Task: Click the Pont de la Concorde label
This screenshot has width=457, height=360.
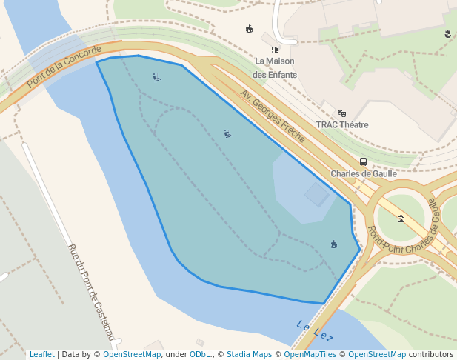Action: pos(64,67)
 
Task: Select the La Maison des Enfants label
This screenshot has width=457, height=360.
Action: pos(275,67)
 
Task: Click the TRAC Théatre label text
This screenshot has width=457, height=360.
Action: pos(342,125)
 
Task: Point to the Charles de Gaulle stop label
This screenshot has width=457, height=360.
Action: pos(364,174)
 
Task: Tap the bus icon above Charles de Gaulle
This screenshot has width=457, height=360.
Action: pos(363,161)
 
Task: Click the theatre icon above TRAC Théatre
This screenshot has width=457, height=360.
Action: pos(341,113)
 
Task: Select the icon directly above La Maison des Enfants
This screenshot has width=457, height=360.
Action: pos(275,50)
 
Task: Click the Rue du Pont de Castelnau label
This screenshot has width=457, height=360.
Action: pos(93,292)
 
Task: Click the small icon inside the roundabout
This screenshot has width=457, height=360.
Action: pos(401,219)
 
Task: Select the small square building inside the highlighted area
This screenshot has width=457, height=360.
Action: pos(317,195)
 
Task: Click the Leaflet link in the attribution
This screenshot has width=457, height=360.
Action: pos(42,355)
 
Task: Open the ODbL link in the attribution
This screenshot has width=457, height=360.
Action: pos(200,355)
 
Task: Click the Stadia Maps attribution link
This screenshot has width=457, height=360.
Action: pos(249,355)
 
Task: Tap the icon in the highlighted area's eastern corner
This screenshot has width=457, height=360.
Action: pos(334,244)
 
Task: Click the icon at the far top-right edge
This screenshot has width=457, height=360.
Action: pos(448,33)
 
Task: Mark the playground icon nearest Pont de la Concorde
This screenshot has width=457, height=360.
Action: pos(156,77)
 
